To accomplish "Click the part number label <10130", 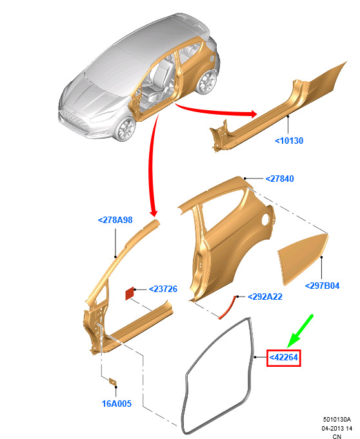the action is pyautogui.click(x=289, y=141).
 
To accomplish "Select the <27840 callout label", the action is pyautogui.click(x=279, y=179).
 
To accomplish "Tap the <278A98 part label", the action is pyautogui.click(x=115, y=220).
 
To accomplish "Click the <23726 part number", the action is pyautogui.click(x=163, y=289).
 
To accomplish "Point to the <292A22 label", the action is pyautogui.click(x=265, y=297).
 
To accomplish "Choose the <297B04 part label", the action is pyautogui.click(x=322, y=286).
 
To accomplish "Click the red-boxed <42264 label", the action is pyautogui.click(x=283, y=358).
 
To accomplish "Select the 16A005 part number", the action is pyautogui.click(x=117, y=404).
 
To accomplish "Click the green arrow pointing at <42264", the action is pyautogui.click(x=300, y=331).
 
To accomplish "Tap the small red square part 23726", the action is pyautogui.click(x=129, y=293).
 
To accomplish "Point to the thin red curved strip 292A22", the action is pyautogui.click(x=228, y=307).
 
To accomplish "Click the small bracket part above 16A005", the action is pyautogui.click(x=113, y=382).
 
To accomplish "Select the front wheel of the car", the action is pyautogui.click(x=125, y=130).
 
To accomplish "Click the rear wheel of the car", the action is pyautogui.click(x=207, y=81).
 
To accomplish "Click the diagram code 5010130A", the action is pyautogui.click(x=337, y=419).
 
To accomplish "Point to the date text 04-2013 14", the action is pyautogui.click(x=337, y=428).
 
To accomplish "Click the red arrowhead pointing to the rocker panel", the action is pyautogui.click(x=254, y=113).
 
